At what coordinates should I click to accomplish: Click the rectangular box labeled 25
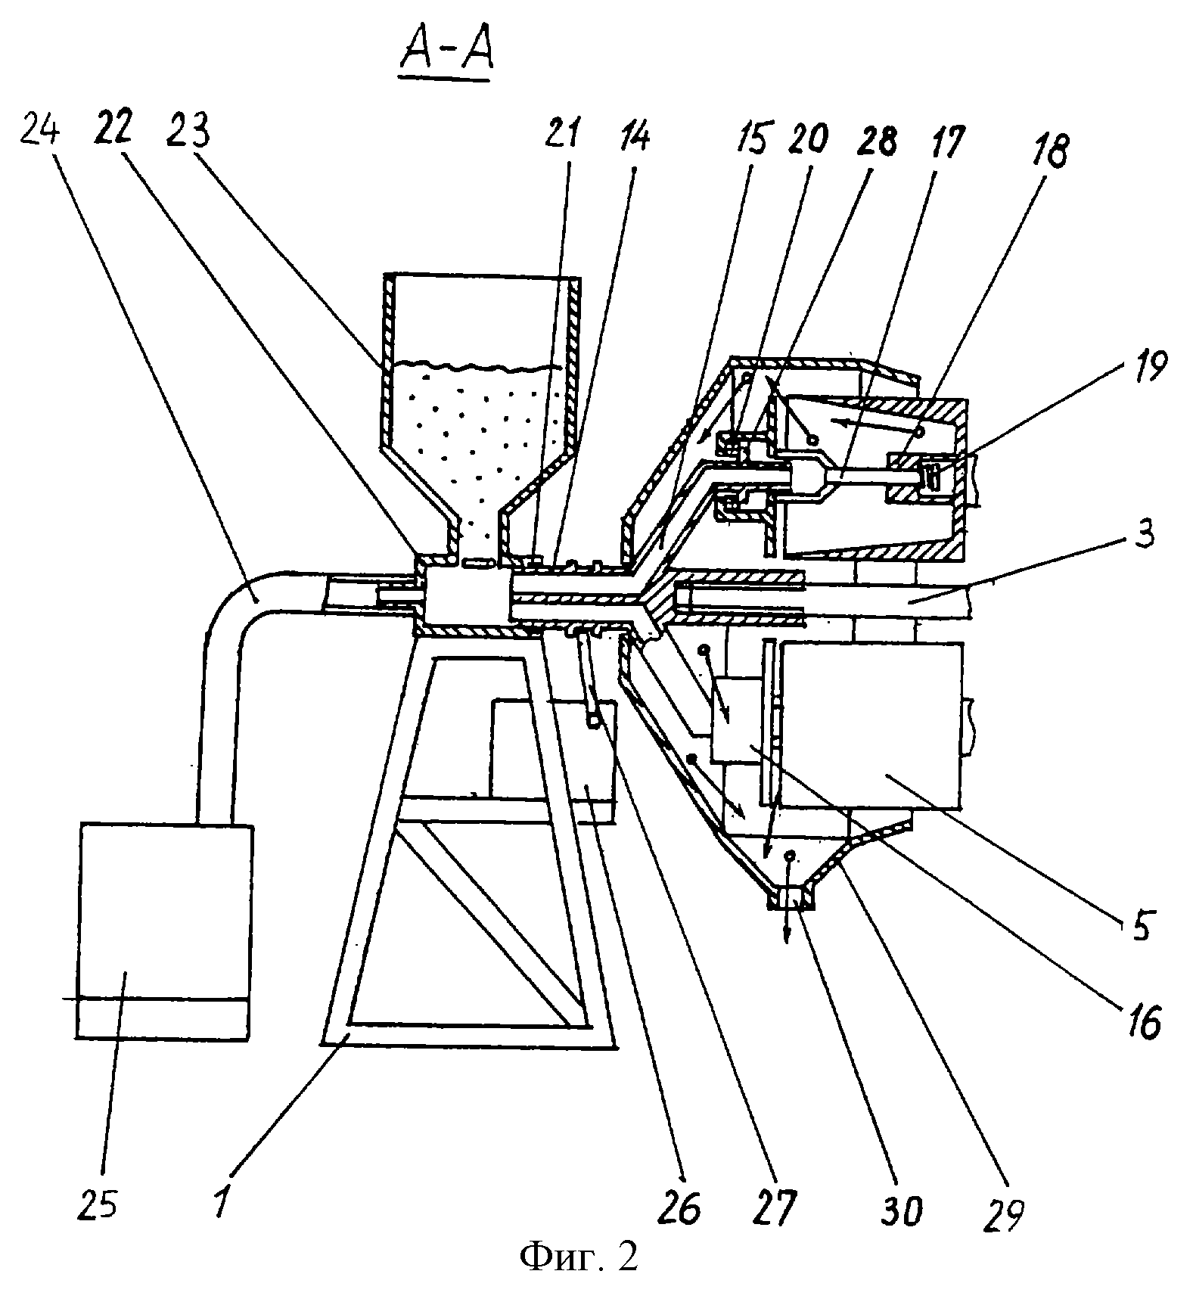tap(165, 931)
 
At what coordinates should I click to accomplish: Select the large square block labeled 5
tap(871, 725)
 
